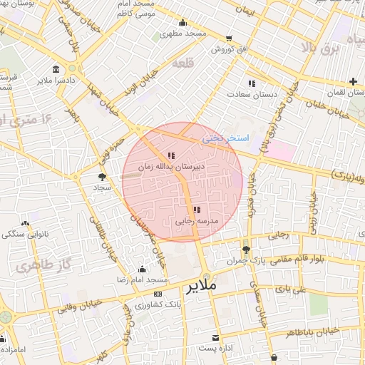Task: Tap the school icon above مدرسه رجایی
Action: pos(197,210)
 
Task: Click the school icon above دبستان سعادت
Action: pos(251,83)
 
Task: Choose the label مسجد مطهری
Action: pos(183,34)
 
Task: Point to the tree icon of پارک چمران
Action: pos(246,250)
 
